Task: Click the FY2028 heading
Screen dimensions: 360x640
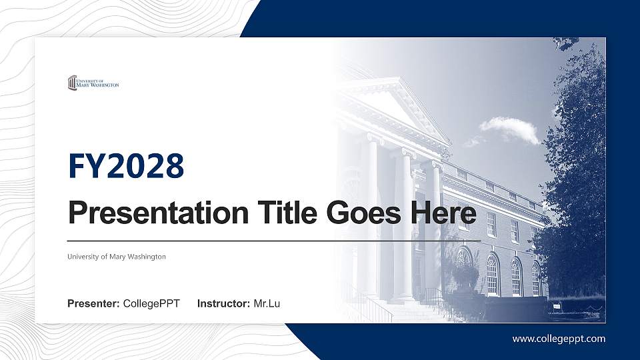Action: pos(126,166)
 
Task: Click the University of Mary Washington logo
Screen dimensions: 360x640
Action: pos(93,83)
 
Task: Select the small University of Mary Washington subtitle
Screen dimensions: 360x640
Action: pos(117,257)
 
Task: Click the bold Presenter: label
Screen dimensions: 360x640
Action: pos(93,304)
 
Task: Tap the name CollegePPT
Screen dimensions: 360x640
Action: pos(151,304)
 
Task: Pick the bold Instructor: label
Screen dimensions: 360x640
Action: pos(224,304)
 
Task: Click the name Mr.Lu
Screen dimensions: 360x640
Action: pos(267,304)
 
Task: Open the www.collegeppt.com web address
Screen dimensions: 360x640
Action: pos(559,339)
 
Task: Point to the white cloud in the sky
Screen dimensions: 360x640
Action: pos(511,128)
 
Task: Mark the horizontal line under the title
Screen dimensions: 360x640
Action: pos(273,240)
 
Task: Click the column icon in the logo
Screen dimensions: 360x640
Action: pos(72,83)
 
